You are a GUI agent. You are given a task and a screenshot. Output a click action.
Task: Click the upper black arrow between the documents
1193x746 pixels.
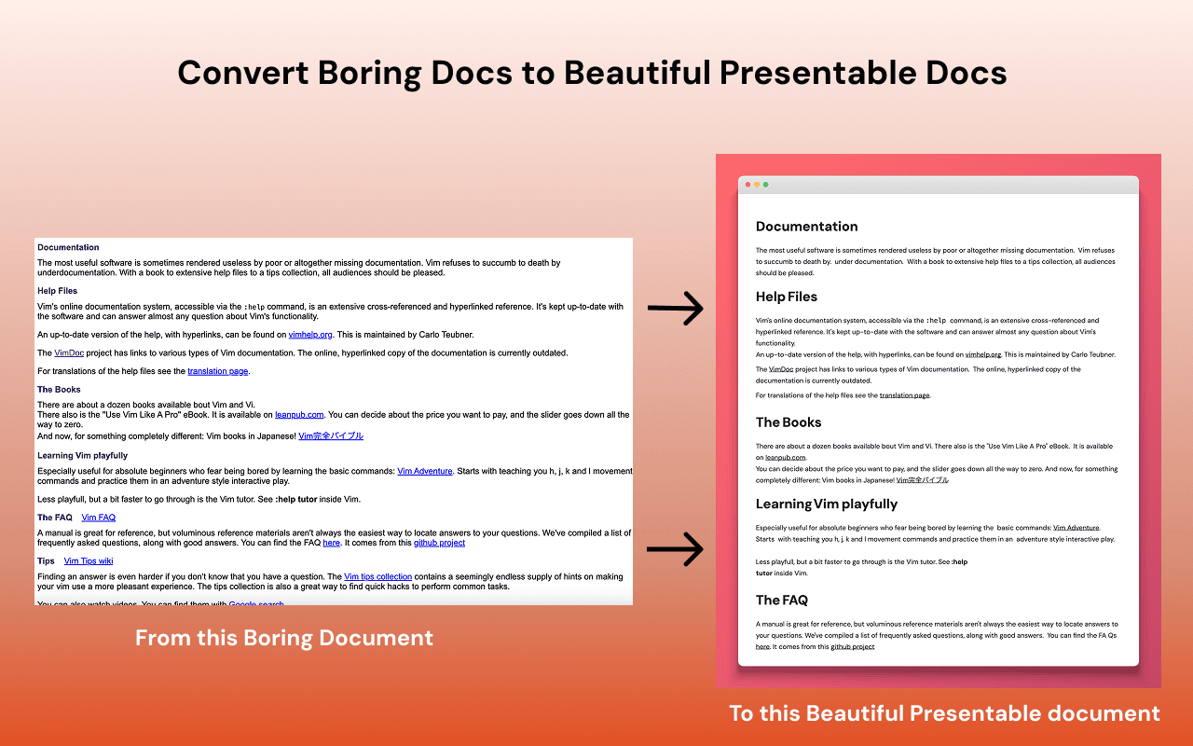tap(676, 308)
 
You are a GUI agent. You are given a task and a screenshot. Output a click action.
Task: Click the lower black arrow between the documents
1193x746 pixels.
tap(676, 548)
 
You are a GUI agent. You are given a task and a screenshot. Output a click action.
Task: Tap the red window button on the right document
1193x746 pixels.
tap(748, 185)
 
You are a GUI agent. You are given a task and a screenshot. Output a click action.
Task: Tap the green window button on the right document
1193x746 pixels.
tap(766, 185)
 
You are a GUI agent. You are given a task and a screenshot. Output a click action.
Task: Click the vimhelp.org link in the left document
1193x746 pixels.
tap(309, 334)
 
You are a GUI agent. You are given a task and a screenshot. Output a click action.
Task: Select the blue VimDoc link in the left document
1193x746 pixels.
tap(69, 353)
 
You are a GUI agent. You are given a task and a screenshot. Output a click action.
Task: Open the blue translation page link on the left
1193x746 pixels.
tap(218, 371)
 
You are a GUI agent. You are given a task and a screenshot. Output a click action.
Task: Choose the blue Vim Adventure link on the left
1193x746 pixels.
tap(424, 471)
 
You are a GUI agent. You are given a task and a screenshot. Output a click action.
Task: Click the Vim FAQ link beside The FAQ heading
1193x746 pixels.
tap(99, 518)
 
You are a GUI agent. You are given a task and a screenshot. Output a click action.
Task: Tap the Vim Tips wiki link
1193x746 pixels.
tap(89, 561)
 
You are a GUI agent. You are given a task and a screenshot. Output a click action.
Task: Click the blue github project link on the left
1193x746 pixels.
tap(439, 543)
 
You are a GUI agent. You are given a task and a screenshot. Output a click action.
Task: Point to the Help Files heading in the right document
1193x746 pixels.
tap(787, 297)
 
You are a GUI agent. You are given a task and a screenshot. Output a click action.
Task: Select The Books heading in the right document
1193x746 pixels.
tap(788, 422)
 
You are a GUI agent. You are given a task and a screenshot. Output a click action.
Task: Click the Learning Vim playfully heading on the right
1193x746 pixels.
tap(827, 504)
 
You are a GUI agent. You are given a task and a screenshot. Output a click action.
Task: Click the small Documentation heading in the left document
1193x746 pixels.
tap(68, 248)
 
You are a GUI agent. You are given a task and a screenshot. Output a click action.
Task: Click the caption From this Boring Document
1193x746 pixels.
tap(284, 639)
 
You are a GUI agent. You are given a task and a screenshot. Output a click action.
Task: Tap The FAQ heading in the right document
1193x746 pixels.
tap(781, 601)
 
